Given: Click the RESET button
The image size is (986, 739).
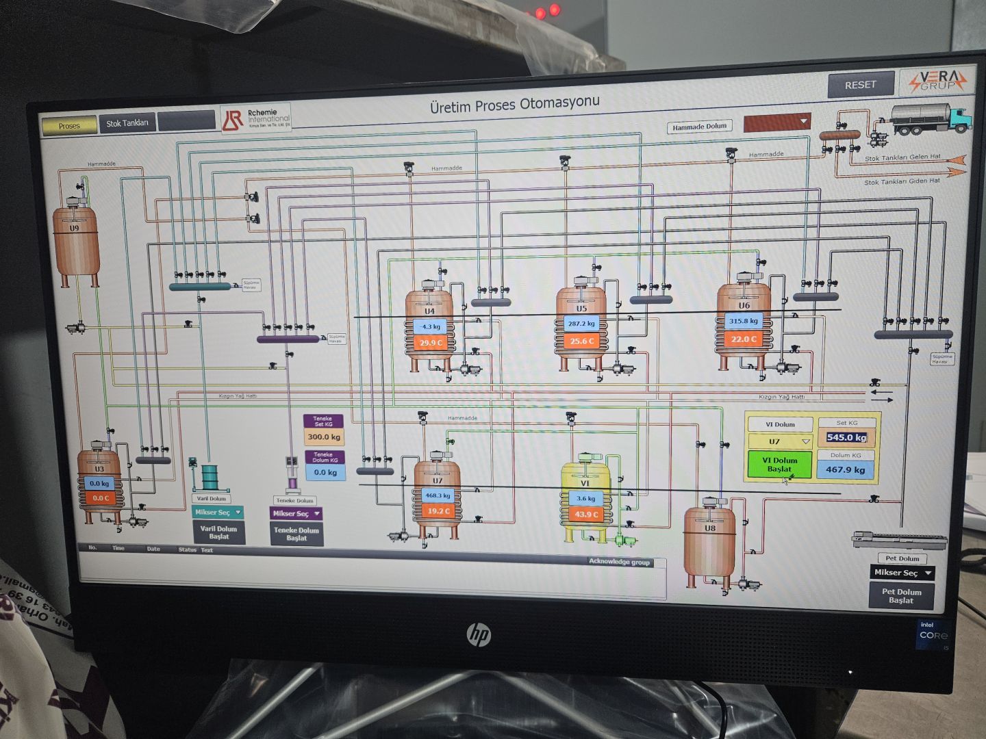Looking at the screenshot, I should (x=861, y=85).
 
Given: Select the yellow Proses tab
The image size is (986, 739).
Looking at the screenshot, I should (x=69, y=126).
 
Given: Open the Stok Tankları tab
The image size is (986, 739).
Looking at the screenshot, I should (x=127, y=123).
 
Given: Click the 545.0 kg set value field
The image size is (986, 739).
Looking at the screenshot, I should (x=846, y=437).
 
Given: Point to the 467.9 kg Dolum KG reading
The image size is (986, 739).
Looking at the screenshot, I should (x=846, y=469).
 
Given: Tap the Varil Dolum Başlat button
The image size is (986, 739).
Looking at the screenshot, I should (x=218, y=532).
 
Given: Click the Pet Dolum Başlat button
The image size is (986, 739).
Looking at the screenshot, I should (x=901, y=596).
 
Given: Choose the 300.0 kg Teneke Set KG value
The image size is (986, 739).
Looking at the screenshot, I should (x=324, y=437).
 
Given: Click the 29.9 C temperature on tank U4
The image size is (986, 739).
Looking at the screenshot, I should (x=431, y=343).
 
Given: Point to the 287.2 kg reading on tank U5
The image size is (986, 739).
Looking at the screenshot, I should (x=581, y=324).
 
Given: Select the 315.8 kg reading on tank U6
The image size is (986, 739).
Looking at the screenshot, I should (x=744, y=320).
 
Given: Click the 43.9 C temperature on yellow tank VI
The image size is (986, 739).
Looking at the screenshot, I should (x=585, y=515).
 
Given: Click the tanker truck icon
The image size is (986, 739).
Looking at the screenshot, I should (x=931, y=118).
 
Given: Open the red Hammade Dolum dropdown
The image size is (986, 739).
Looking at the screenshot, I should (x=776, y=122).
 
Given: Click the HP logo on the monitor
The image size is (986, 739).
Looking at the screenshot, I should (x=479, y=634).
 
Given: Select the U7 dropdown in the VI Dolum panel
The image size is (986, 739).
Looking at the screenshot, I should (x=780, y=441).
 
